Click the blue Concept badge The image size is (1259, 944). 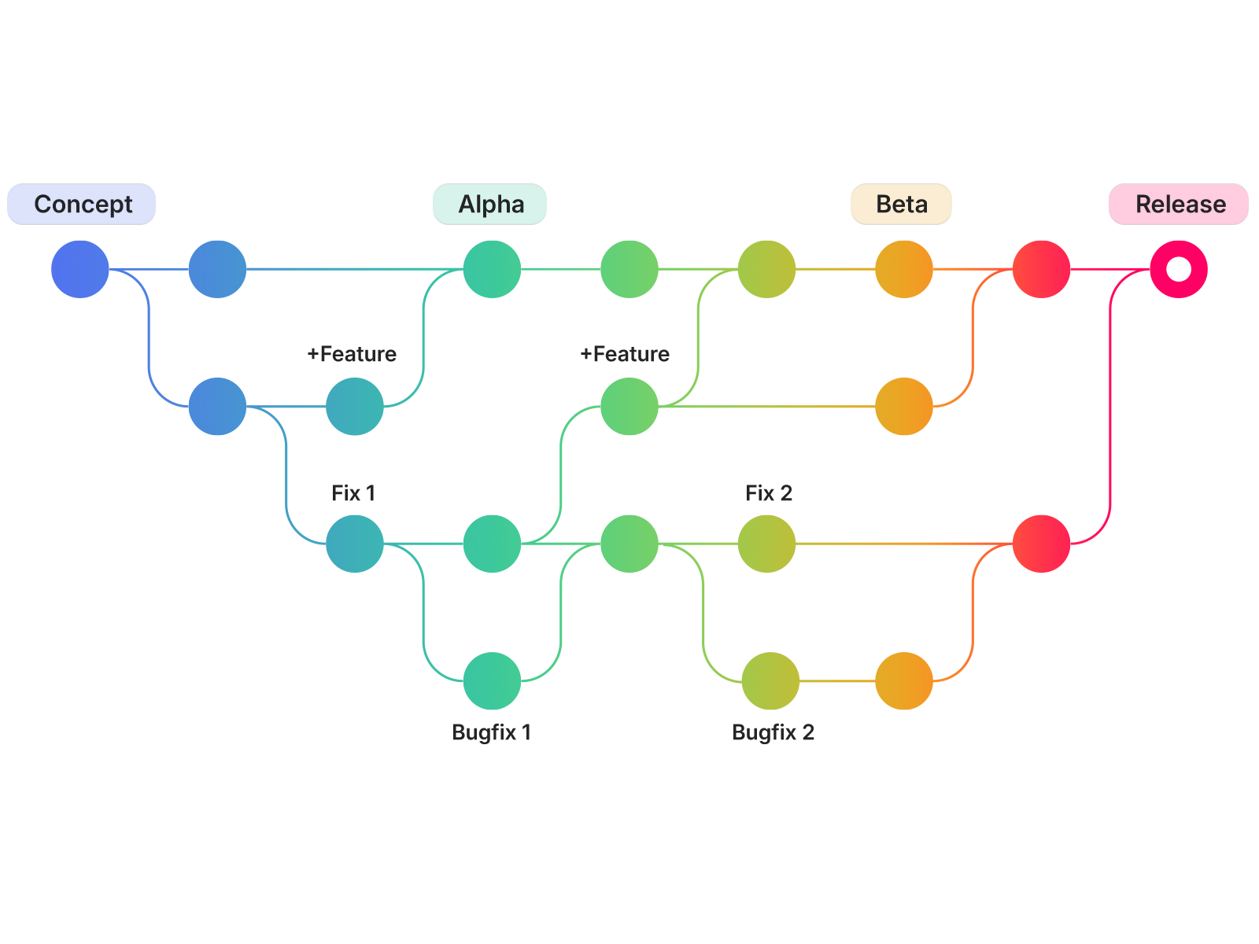(82, 205)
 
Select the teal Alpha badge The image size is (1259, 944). (489, 205)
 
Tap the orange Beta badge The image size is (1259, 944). (901, 205)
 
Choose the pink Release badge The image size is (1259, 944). (1178, 205)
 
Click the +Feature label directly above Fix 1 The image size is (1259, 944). (352, 354)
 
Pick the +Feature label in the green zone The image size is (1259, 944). (625, 354)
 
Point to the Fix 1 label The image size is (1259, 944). (353, 493)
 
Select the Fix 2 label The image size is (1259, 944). (769, 493)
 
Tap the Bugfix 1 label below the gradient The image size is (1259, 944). (492, 732)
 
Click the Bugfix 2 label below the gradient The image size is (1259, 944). (773, 732)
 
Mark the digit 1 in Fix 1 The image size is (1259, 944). (371, 493)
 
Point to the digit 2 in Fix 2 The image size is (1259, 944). (786, 493)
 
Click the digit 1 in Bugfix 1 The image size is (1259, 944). (526, 732)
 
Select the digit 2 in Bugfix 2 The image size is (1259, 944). (807, 732)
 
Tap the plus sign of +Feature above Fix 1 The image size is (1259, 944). (312, 354)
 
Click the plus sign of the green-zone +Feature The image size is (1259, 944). (585, 354)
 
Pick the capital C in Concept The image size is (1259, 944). (44, 205)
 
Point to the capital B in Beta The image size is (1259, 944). (884, 205)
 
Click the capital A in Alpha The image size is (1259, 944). (468, 205)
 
